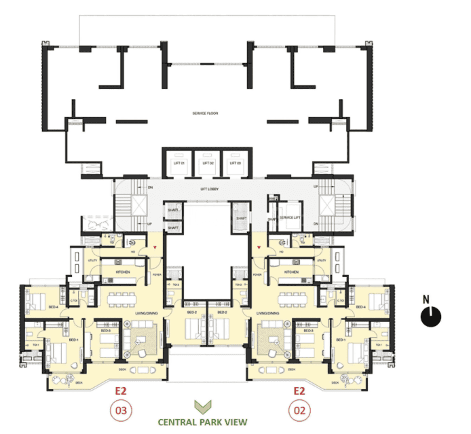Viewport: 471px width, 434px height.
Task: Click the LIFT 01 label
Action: tap(177, 163)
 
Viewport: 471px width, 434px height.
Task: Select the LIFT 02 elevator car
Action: tap(206, 163)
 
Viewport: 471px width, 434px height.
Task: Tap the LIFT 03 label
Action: tap(235, 163)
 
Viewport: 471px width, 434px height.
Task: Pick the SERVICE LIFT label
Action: tap(290, 217)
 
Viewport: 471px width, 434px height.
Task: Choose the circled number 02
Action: tap(299, 410)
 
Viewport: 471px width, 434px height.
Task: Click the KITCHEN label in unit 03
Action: tap(124, 272)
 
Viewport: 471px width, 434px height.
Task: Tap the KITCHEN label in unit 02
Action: tap(291, 272)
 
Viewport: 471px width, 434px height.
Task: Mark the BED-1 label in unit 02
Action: tap(341, 338)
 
